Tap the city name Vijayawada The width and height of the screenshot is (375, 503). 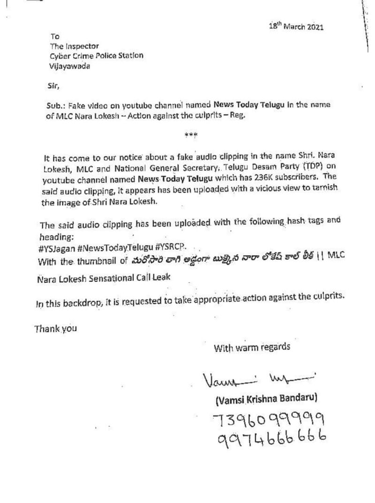tap(70, 66)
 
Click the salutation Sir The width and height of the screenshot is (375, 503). tap(54, 86)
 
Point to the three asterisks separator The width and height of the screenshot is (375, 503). tap(191, 135)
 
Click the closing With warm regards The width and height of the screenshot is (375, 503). tap(252, 348)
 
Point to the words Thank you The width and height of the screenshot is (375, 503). tap(55, 328)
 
